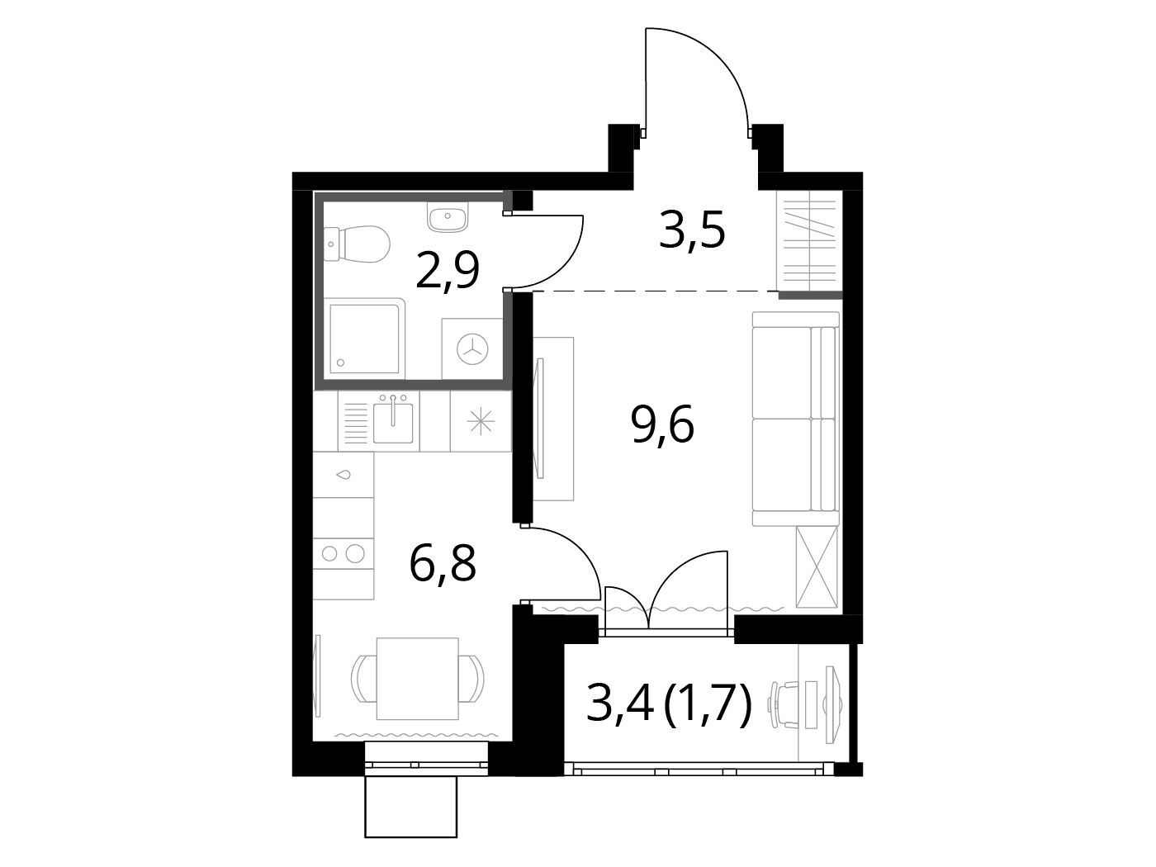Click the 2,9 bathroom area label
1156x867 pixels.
pyautogui.click(x=448, y=271)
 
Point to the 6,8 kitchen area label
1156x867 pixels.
pyautogui.click(x=443, y=563)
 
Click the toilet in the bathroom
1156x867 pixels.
pyautogui.click(x=357, y=244)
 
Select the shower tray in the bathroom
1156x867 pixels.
pyautogui.click(x=364, y=339)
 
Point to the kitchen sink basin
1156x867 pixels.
pyautogui.click(x=393, y=424)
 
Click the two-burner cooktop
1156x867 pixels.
pyautogui.click(x=343, y=553)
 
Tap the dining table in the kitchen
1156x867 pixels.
pyautogui.click(x=418, y=679)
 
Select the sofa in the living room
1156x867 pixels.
pyautogui.click(x=796, y=419)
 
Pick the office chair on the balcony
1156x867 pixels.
pyautogui.click(x=785, y=704)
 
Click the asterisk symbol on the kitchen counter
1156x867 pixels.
pyautogui.click(x=481, y=422)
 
